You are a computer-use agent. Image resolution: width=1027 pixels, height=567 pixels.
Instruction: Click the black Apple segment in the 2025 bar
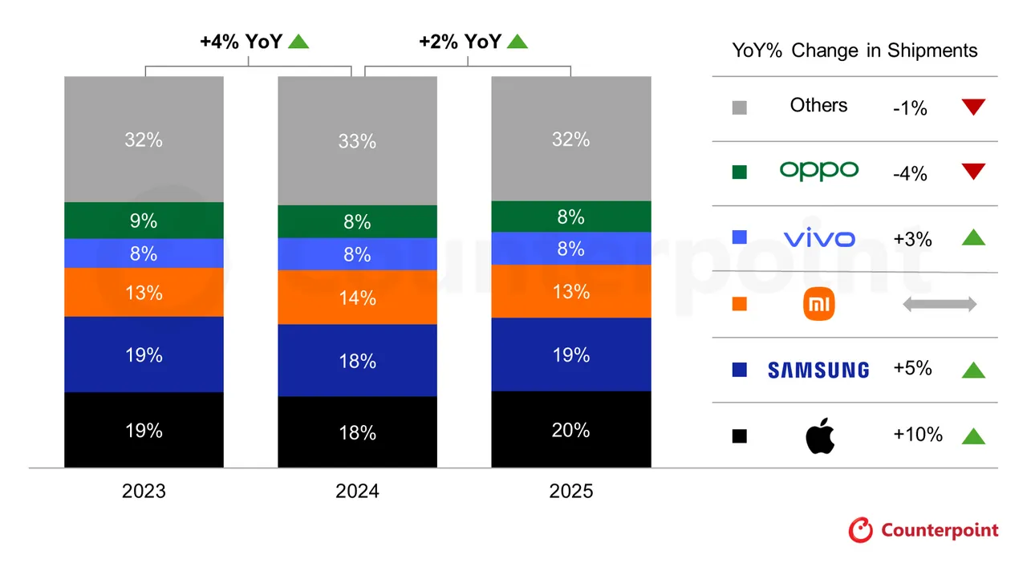570,429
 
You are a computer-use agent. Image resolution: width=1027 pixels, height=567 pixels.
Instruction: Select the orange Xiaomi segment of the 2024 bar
357,298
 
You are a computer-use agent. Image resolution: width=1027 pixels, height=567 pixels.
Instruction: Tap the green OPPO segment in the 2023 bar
144,221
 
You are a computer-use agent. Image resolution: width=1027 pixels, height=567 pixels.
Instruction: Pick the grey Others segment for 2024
357,140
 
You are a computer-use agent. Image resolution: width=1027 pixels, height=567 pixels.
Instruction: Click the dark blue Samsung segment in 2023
144,354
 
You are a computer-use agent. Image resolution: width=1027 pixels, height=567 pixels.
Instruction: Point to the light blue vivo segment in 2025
570,249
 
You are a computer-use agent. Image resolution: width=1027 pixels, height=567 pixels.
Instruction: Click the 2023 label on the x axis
144,491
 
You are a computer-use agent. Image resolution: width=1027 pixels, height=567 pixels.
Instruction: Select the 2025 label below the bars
570,491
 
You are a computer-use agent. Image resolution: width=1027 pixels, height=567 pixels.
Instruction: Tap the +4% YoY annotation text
241,42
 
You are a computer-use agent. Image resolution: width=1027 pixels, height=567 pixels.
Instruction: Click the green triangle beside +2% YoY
518,41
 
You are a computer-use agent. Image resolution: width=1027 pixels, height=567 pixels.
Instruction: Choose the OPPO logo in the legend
818,171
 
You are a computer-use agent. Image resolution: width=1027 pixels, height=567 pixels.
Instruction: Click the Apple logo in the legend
819,435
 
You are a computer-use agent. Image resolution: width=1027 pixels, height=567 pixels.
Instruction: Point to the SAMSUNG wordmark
818,370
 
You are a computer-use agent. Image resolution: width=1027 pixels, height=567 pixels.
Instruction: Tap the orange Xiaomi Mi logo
819,304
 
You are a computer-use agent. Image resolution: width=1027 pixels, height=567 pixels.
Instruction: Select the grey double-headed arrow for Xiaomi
939,304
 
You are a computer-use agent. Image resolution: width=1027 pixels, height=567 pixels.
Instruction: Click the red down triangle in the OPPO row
972,172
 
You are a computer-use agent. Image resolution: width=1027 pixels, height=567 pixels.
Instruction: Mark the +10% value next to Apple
917,435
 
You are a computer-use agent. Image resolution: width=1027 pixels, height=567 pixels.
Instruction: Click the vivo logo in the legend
818,237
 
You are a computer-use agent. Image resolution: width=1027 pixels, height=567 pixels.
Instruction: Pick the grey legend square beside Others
739,107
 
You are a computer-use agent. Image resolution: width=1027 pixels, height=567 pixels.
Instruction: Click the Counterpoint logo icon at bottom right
861,530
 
